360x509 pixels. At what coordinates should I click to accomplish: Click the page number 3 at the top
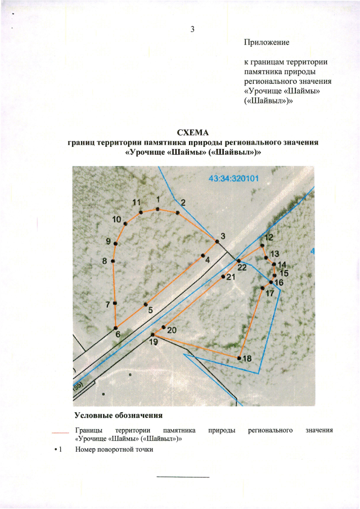tap(192, 30)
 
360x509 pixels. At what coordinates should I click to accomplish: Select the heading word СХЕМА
tap(193, 133)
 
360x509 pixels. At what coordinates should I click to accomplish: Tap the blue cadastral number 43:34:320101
tap(233, 179)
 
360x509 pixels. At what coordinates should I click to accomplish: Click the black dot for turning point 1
tap(158, 209)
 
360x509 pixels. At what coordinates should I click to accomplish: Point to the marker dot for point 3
tap(217, 242)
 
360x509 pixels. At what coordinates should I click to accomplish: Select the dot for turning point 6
tap(116, 327)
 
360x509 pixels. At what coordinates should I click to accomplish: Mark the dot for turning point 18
tap(239, 358)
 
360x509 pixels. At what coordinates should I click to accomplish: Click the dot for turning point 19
tap(153, 334)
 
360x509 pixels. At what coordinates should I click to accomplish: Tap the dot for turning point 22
tap(238, 261)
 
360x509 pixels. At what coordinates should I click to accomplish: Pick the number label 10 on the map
tap(117, 219)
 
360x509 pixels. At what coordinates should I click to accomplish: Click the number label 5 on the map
tap(150, 309)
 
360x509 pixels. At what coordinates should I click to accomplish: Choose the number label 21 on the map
tap(230, 277)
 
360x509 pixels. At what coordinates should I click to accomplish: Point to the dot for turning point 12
tap(262, 245)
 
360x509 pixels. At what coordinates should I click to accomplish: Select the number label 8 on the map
tap(105, 261)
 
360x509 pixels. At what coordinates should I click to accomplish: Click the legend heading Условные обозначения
tap(119, 416)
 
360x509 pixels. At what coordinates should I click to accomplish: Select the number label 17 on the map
tap(269, 294)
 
